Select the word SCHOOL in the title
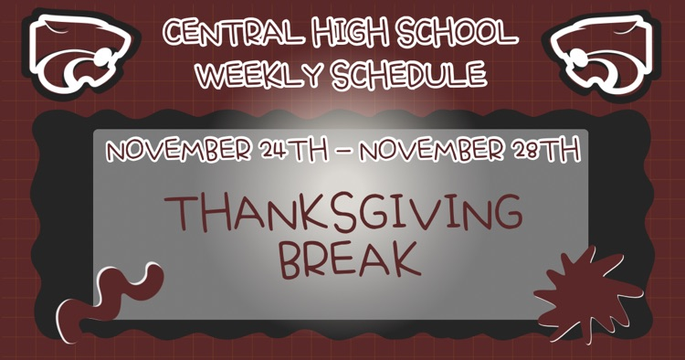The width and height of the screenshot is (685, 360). (458, 33)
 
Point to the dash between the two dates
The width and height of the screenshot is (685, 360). (343, 152)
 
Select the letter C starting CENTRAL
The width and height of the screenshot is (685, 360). (174, 34)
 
